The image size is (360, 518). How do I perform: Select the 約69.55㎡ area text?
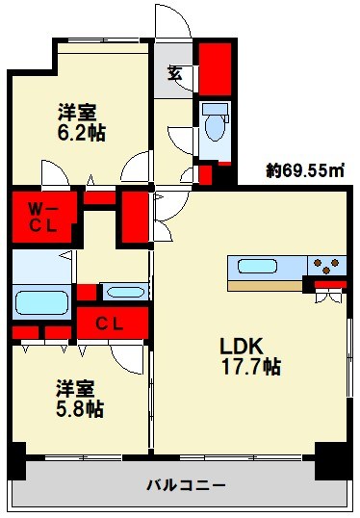coord(305,171)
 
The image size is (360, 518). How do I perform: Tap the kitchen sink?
coord(257,266)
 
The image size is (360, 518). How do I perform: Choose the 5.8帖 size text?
coord(78,409)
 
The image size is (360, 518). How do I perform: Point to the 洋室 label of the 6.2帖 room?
coord(78,111)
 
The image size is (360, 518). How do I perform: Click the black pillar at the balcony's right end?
coord(332,459)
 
